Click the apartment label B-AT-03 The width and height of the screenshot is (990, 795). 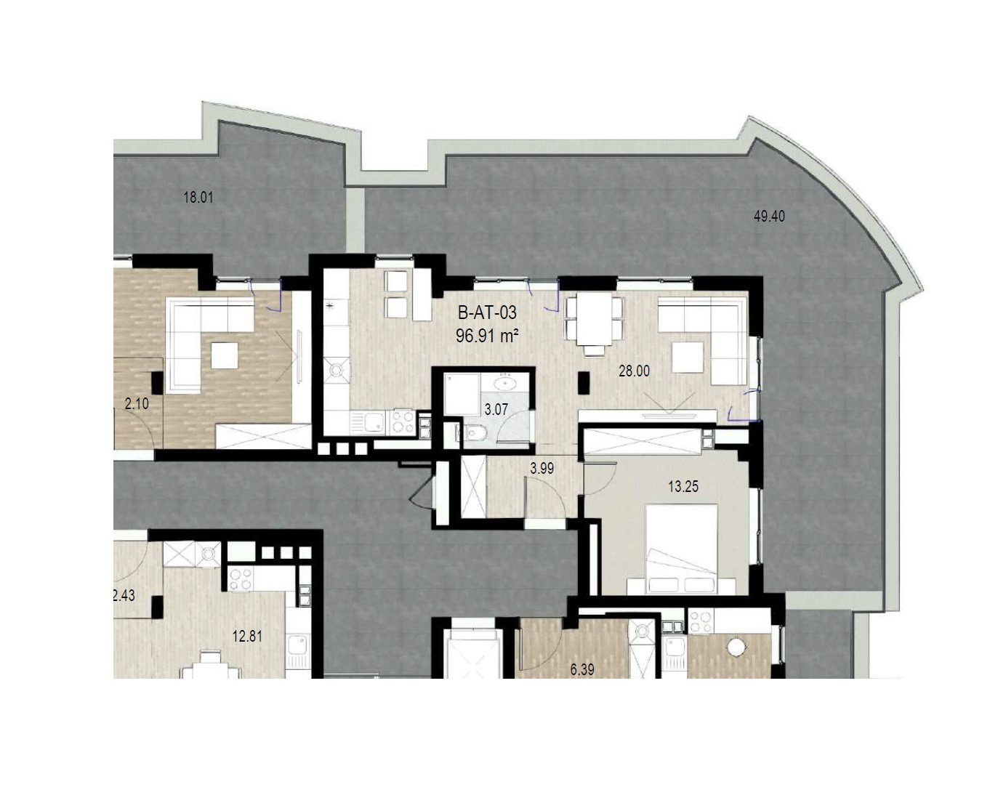pyautogui.click(x=487, y=313)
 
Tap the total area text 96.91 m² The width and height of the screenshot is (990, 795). pyautogui.click(x=487, y=336)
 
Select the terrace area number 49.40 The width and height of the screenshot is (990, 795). pyautogui.click(x=769, y=216)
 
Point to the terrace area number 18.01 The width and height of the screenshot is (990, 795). pyautogui.click(x=198, y=198)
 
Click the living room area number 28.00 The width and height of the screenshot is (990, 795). pyautogui.click(x=634, y=371)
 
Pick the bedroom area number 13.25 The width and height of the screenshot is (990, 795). pyautogui.click(x=683, y=486)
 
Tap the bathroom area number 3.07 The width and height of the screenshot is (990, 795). pyautogui.click(x=496, y=409)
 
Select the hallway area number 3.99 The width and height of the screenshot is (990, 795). pyautogui.click(x=542, y=468)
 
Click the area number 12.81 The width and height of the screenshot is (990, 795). pyautogui.click(x=247, y=637)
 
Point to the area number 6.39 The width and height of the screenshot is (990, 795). pyautogui.click(x=582, y=669)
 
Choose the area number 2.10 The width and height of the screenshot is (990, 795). pyautogui.click(x=137, y=403)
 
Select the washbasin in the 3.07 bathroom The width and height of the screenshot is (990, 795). pyautogui.click(x=506, y=383)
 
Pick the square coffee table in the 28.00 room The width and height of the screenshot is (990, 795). pyautogui.click(x=688, y=357)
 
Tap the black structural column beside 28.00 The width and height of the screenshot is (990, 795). pyautogui.click(x=584, y=383)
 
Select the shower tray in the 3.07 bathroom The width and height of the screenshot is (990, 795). pyautogui.click(x=462, y=395)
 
